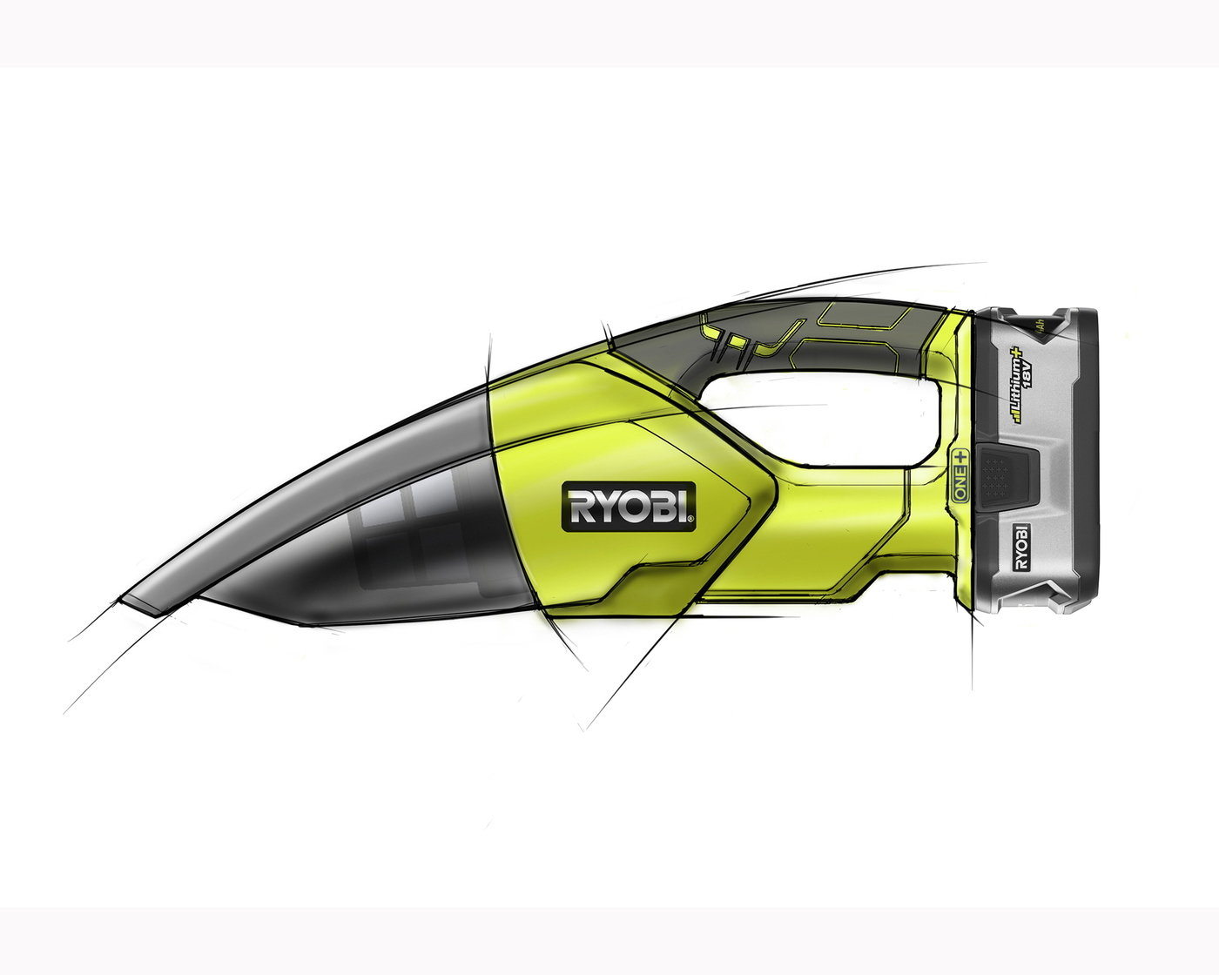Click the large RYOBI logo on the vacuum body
(629, 506)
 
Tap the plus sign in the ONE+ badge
(960, 456)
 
